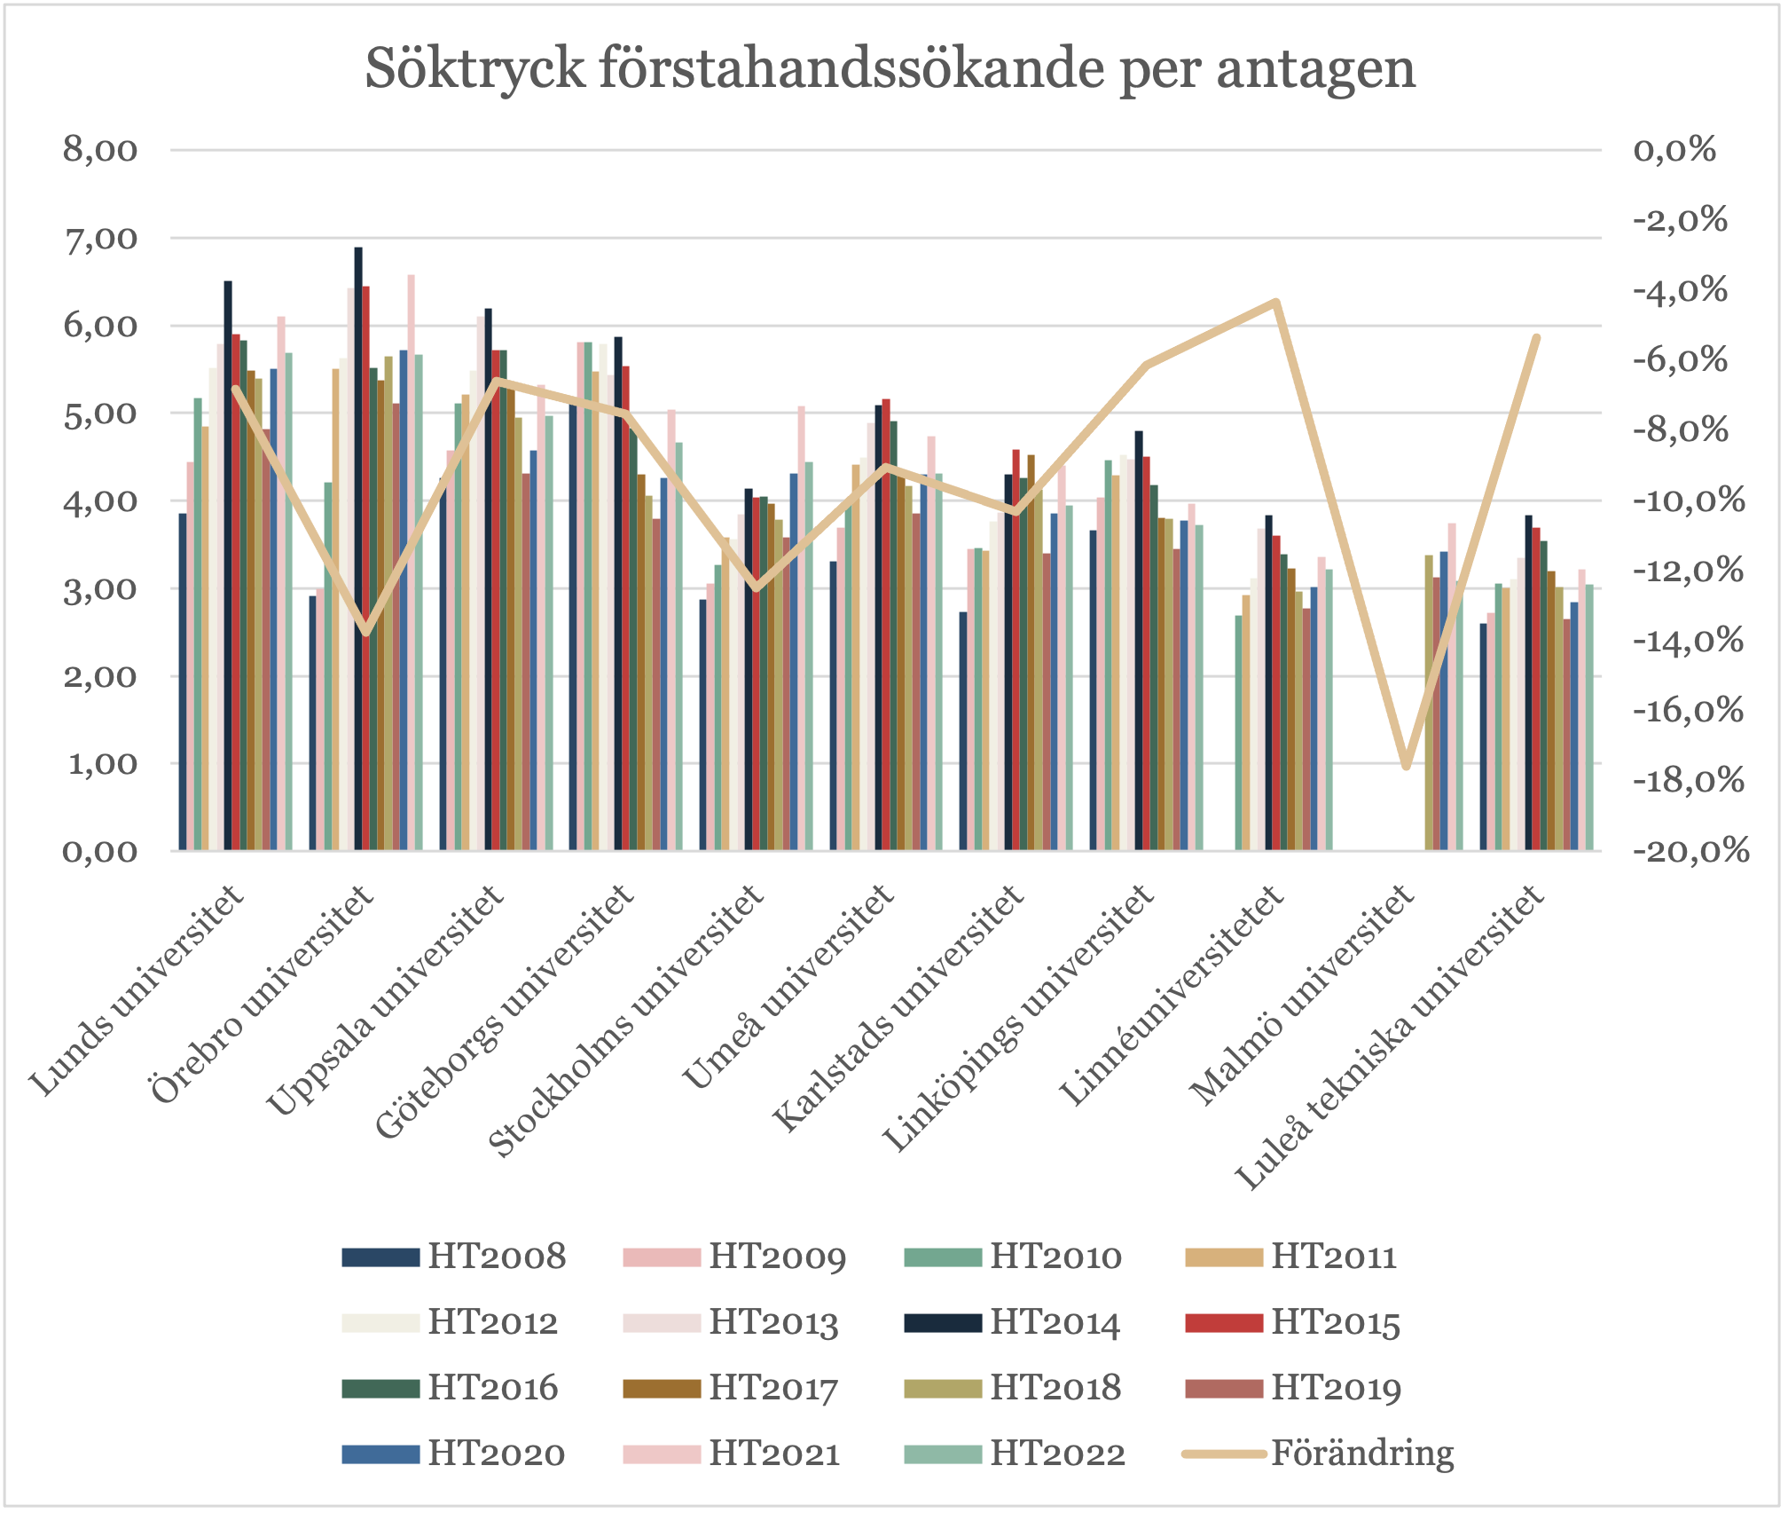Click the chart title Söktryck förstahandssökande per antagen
coord(890,68)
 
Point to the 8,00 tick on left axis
coord(100,150)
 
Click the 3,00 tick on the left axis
coord(100,589)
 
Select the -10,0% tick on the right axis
coord(1690,500)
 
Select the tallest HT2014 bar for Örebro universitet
coord(358,550)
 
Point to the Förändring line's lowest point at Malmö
coord(1406,765)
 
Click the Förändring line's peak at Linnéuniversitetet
coord(1275,303)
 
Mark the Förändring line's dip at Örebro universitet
coord(365,632)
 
